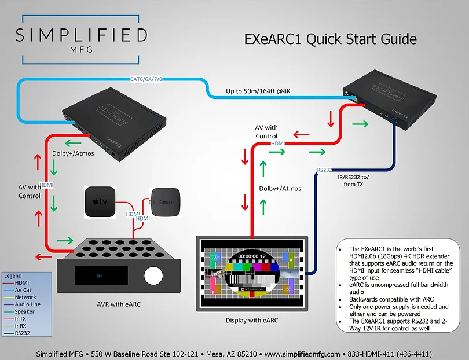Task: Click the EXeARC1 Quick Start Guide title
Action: pyautogui.click(x=330, y=39)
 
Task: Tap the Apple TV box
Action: pyautogui.click(x=100, y=202)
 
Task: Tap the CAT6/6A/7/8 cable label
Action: pyautogui.click(x=146, y=79)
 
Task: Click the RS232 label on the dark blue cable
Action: pyautogui.click(x=324, y=170)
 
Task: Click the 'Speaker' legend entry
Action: pyautogui.click(x=25, y=311)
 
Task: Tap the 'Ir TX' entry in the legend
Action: pyautogui.click(x=21, y=318)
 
